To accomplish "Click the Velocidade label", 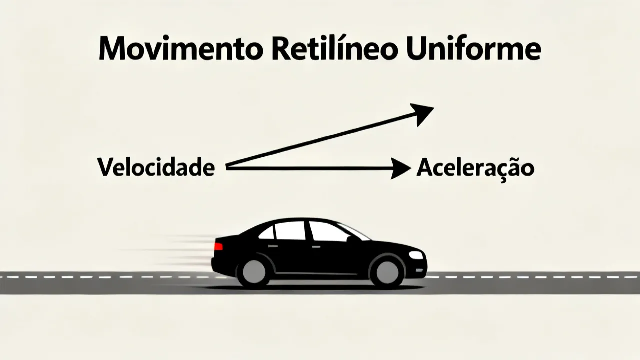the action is (x=156, y=167).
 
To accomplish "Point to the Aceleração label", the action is (x=475, y=168).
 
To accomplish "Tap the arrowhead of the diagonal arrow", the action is (x=423, y=114).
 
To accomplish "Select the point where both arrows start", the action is (x=226, y=166).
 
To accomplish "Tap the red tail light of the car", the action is (x=218, y=246).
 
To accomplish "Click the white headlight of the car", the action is (x=415, y=255).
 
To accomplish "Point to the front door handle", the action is (x=316, y=246).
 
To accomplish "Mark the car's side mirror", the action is (x=349, y=239).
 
